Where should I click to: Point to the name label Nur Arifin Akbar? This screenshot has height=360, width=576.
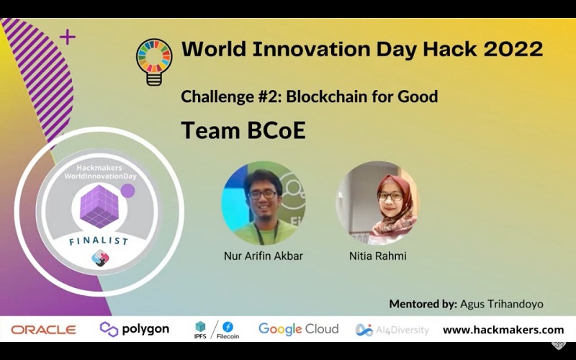(263, 256)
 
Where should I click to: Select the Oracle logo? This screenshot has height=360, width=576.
(43, 330)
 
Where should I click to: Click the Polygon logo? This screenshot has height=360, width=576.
(135, 329)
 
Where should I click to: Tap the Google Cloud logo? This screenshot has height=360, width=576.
(298, 329)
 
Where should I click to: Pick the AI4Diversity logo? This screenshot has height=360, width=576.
(392, 330)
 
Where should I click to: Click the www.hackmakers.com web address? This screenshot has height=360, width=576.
(503, 330)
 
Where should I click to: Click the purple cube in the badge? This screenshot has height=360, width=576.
(99, 205)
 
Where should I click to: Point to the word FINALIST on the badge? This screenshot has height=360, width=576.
(99, 240)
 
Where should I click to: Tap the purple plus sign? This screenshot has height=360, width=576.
(67, 37)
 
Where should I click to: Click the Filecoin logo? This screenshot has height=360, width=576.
(228, 330)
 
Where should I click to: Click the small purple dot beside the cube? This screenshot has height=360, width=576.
(127, 191)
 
